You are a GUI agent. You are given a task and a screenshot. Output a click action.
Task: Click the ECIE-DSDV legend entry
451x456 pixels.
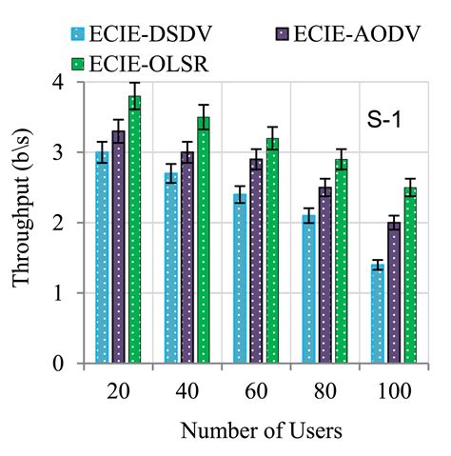click(133, 35)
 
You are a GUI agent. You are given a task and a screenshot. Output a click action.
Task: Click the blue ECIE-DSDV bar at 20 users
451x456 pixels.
click(102, 257)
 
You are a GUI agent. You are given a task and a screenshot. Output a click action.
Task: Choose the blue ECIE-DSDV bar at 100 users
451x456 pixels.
click(377, 314)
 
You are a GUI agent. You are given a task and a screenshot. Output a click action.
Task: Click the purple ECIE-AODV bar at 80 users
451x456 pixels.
click(325, 275)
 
